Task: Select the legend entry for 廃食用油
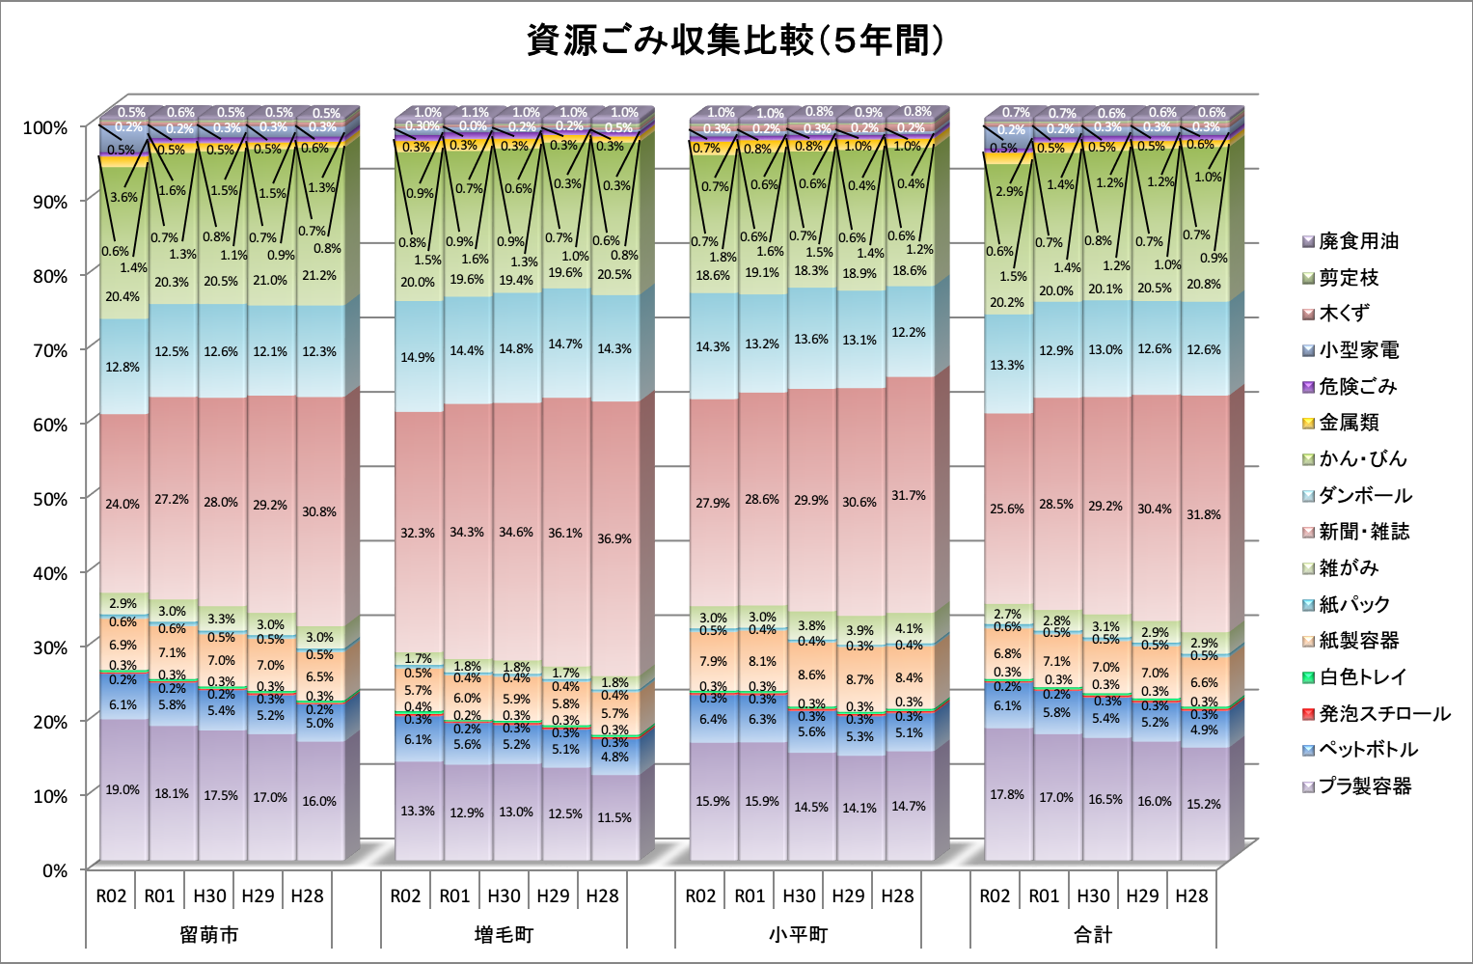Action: (1358, 241)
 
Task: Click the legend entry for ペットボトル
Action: (1368, 750)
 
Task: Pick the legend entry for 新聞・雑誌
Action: (1364, 532)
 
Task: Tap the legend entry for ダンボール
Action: (1365, 496)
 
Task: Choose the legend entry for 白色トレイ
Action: (1362, 677)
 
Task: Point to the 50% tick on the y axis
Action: (45, 499)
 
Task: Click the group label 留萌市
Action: (208, 934)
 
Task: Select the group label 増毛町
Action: (504, 934)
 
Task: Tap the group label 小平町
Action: (799, 934)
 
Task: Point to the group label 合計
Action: (1093, 934)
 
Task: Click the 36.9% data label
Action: (614, 538)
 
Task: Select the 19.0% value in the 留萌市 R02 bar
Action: (123, 789)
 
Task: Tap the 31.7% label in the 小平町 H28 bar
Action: (909, 495)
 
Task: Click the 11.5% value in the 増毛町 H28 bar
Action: (614, 817)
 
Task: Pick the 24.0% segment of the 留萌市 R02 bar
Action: (123, 504)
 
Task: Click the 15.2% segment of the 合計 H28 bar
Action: (1204, 804)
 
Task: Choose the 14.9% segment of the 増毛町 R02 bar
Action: (418, 357)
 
